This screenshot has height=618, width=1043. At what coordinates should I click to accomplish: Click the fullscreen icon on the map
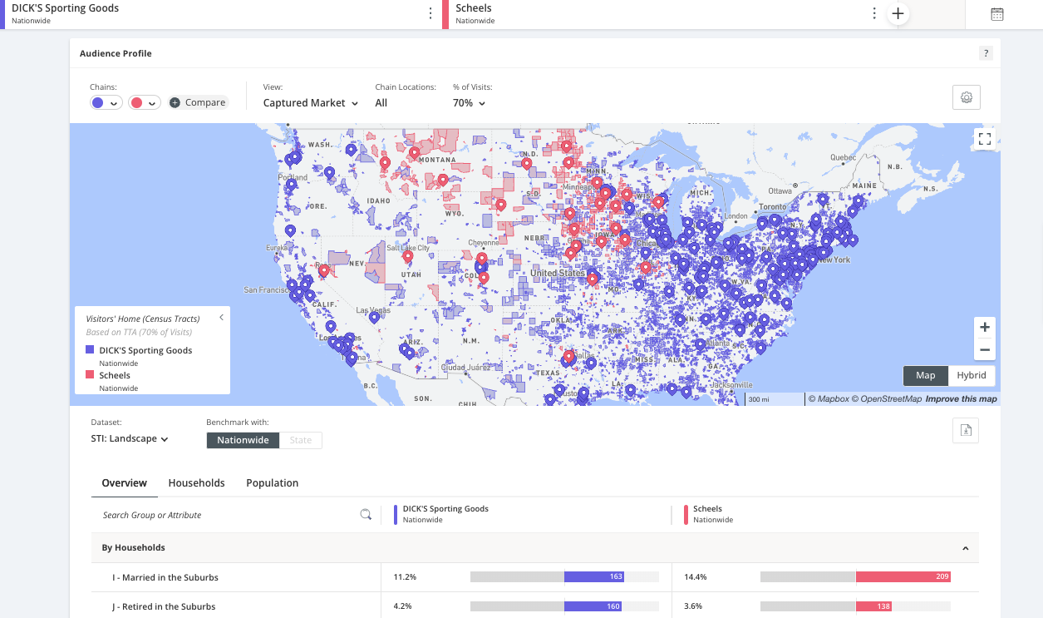985,139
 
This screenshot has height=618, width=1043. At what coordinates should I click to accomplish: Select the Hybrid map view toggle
971,375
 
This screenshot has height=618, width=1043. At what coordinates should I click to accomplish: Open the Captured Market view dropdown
311,103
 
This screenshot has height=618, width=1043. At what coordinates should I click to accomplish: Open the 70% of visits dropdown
469,103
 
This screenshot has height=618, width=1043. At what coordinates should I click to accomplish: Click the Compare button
198,102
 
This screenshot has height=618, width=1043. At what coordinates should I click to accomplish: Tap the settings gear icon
967,97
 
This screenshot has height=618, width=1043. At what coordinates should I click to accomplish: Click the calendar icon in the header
997,13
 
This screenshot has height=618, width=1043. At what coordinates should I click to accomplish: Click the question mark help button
986,53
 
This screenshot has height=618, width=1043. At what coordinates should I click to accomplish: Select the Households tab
196,482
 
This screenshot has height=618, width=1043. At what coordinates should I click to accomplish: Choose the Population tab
272,482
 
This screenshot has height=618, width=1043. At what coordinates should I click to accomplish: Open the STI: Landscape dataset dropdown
130,439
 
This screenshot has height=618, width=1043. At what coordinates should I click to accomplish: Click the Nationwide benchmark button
243,440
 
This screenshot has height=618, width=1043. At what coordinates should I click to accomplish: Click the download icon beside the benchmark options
966,430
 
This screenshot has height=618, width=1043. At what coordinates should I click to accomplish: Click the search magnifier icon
365,515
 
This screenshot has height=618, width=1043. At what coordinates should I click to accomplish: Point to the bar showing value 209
903,576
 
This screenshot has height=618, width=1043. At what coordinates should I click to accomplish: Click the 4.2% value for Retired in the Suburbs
404,606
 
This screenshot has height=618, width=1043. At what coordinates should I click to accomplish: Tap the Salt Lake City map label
407,248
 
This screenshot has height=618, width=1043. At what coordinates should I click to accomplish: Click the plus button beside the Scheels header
898,13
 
